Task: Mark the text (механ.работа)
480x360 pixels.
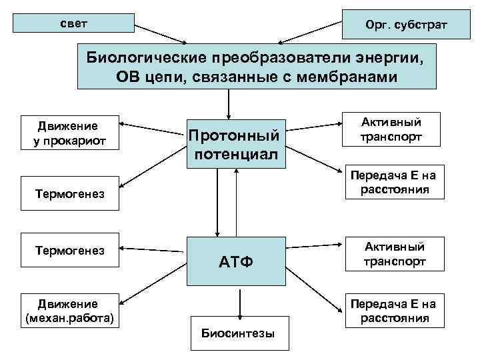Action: pyautogui.click(x=70, y=318)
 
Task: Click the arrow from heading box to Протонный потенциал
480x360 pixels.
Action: pyautogui.click(x=229, y=103)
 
